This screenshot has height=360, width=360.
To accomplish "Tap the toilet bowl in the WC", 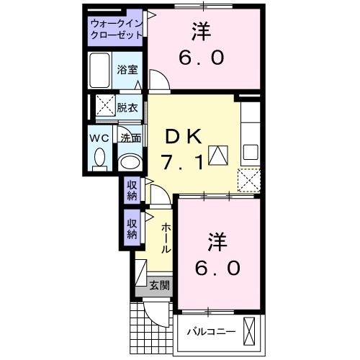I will pos(99,157).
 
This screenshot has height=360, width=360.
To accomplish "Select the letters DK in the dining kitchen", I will pos(181,135).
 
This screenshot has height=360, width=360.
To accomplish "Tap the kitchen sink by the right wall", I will pos(250,152).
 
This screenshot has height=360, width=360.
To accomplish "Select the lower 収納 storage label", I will pos(132,228).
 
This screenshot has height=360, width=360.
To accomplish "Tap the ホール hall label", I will pos(166,238).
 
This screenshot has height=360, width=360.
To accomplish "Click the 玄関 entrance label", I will pos(160,285).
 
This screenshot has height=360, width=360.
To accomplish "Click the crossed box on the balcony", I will pos(251,330).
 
